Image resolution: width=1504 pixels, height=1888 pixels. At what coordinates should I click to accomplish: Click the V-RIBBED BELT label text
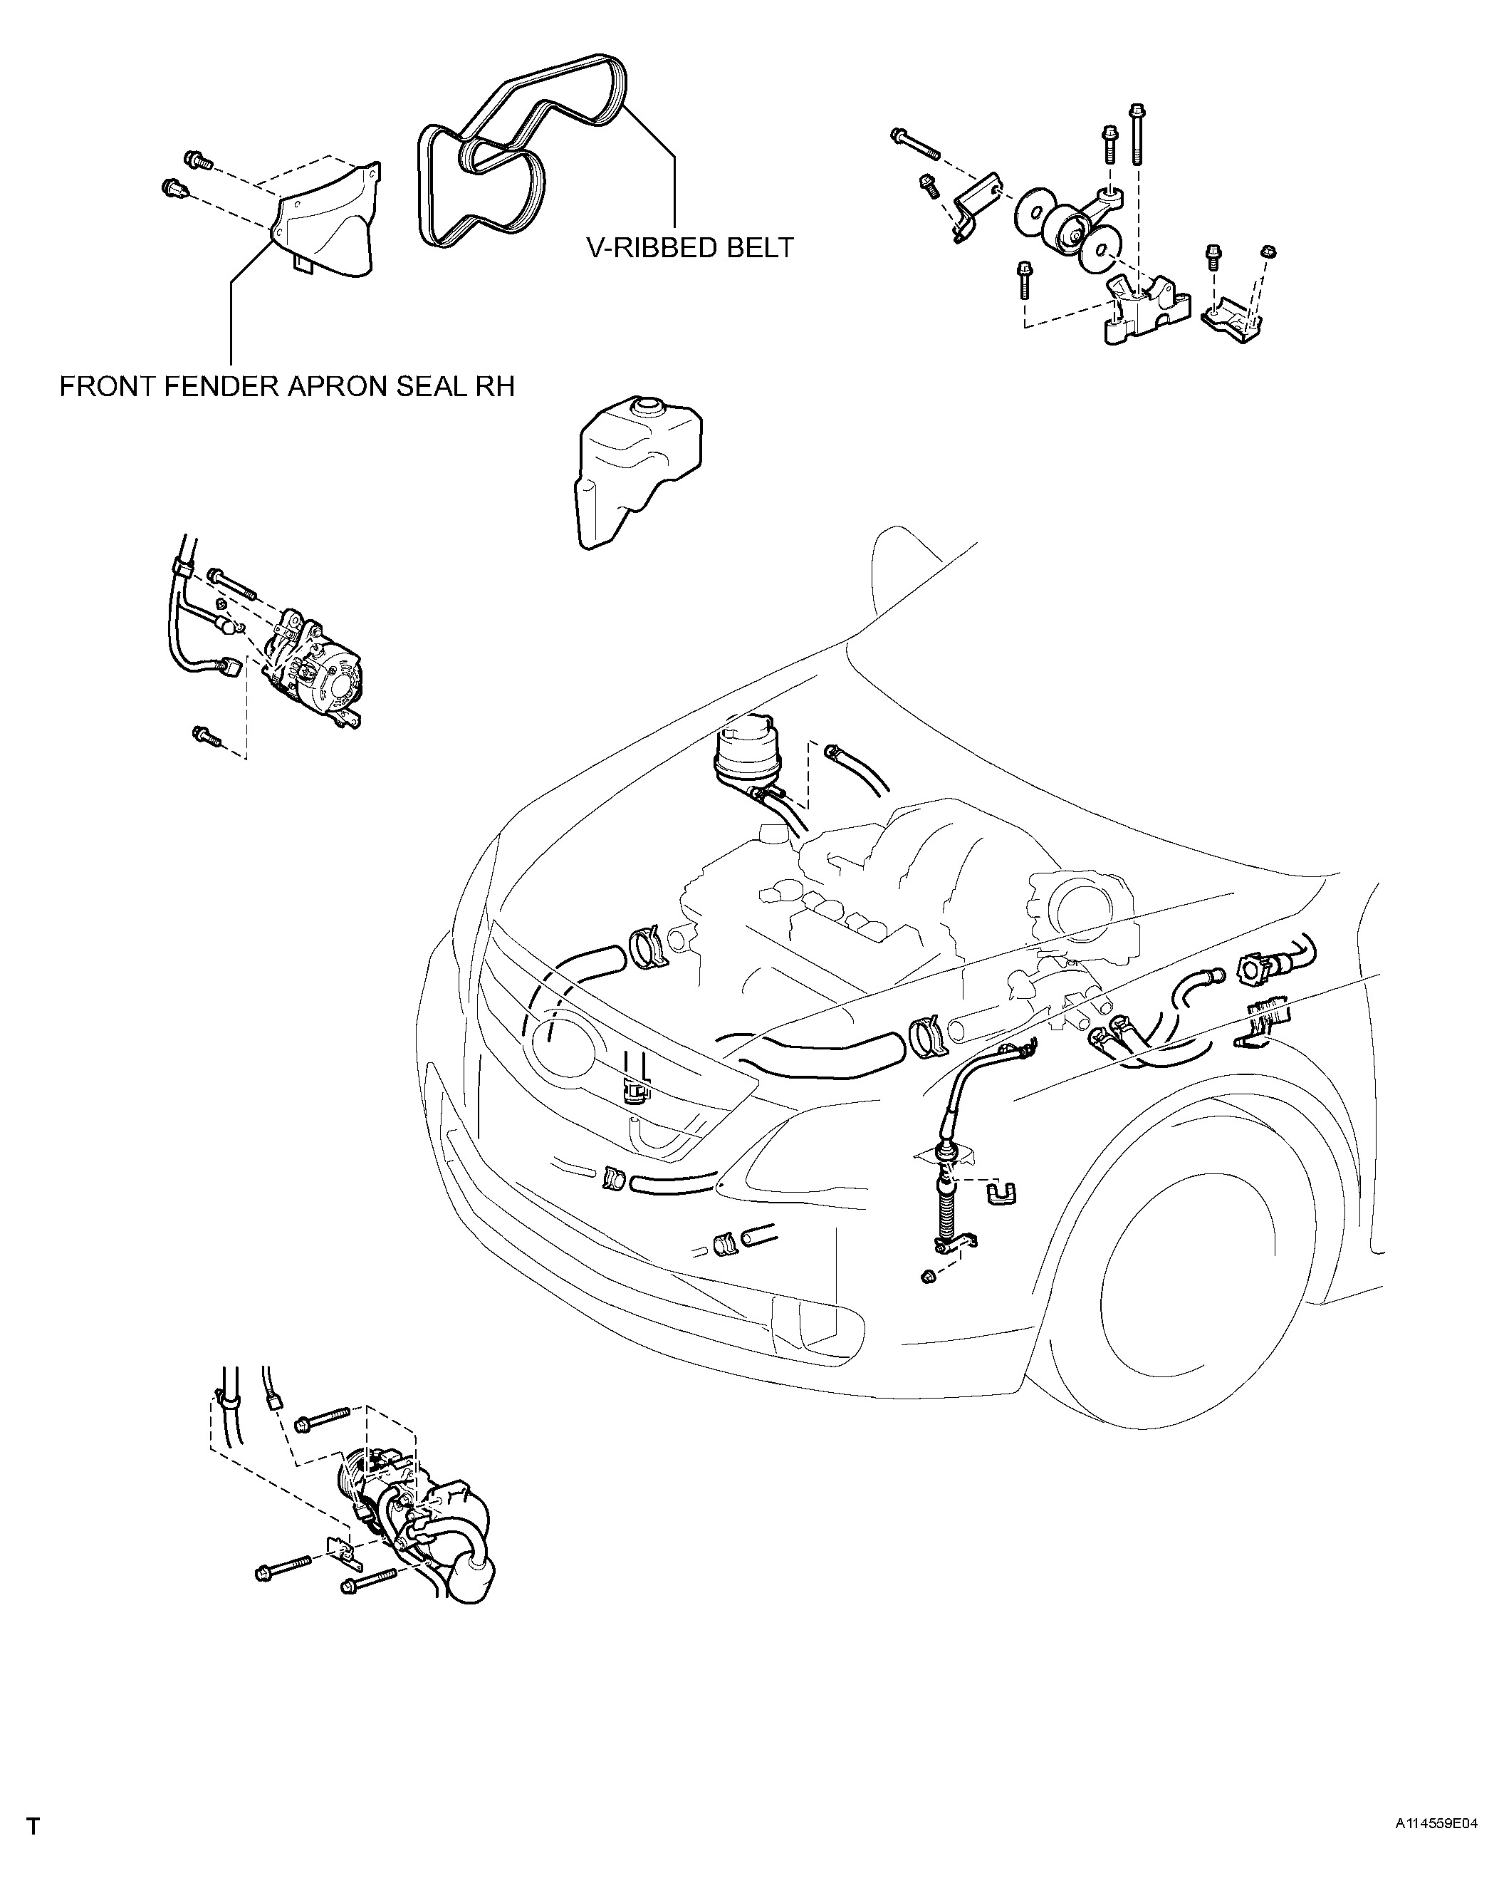click(690, 248)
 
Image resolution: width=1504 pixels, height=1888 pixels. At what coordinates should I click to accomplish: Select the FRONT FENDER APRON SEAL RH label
click(287, 386)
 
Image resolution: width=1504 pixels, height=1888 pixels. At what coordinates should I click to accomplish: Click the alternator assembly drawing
click(315, 670)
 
